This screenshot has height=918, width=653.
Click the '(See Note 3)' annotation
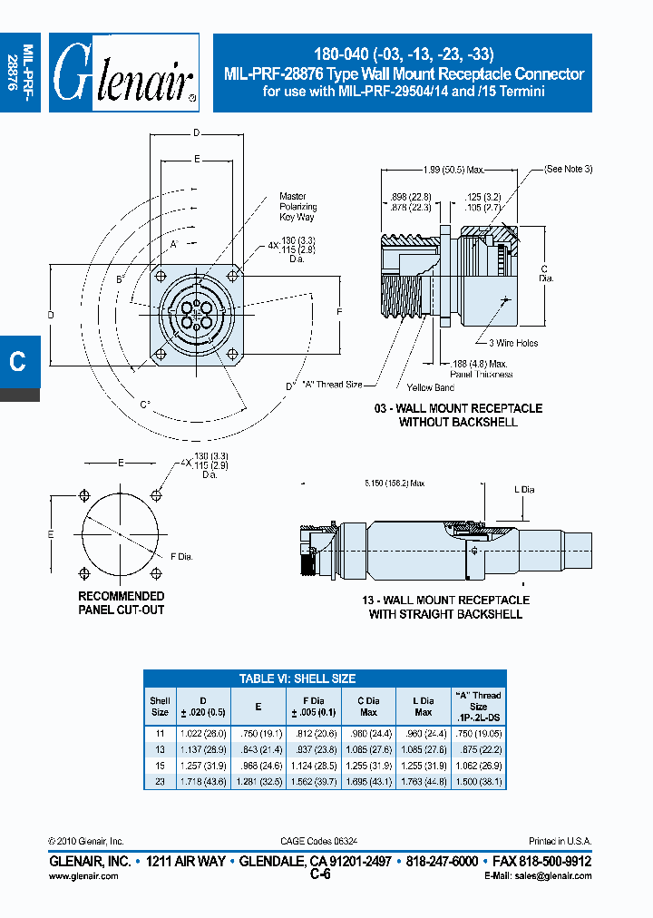pos(569,170)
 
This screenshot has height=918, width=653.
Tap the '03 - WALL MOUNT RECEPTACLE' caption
pos(458,408)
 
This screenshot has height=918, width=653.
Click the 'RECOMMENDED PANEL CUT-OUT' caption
pos(121,603)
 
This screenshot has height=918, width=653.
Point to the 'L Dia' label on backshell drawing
pos(525,490)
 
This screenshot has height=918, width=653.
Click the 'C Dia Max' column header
pos(368,707)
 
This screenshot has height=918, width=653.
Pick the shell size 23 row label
pos(160,781)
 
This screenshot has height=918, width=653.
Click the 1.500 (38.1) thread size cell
pos(477,781)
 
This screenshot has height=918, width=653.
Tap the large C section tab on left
pos(17,360)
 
